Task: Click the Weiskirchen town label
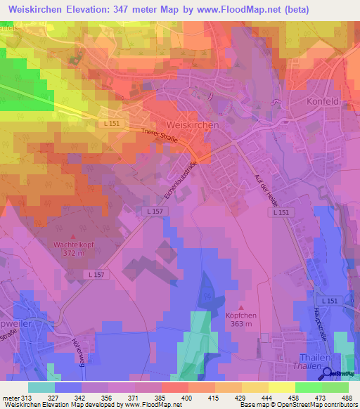tap(194, 124)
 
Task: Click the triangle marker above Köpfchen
tap(242, 307)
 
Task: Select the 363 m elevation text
tap(242, 324)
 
